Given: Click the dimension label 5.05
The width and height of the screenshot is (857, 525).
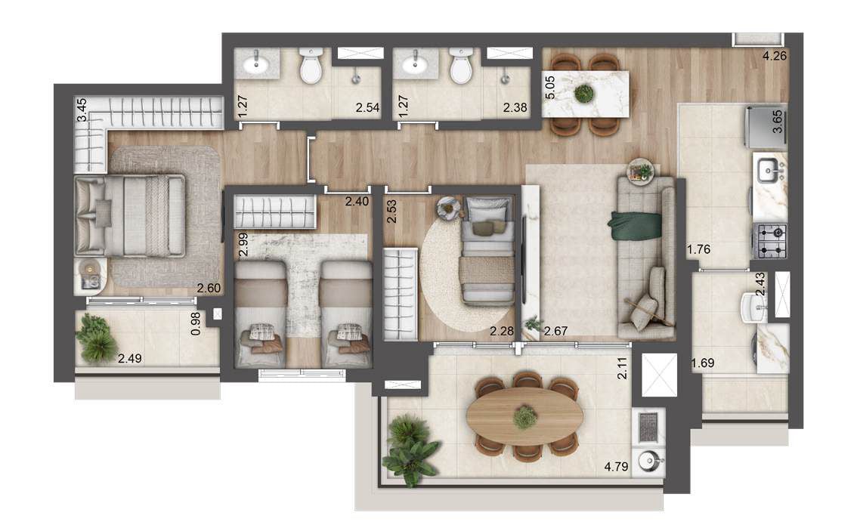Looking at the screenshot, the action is pos(550,88).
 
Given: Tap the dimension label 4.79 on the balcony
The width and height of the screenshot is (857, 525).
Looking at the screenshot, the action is pos(616,467).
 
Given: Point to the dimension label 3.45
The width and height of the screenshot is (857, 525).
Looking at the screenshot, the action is pos(82,110).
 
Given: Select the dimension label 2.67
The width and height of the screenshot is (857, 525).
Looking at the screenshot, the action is pos(556,331).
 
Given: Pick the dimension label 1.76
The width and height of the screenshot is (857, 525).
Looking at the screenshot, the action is pos(698,250).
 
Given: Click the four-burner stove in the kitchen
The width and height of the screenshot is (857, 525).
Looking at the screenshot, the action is pos(770,241).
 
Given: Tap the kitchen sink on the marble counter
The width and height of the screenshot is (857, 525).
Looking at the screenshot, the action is pos(769,171).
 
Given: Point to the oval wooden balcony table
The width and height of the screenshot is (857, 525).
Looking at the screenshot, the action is pos(524,416).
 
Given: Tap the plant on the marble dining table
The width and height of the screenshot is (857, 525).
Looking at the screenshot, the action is pos(583,94).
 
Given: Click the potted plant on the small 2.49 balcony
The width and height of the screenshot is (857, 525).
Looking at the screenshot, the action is pos(97,338).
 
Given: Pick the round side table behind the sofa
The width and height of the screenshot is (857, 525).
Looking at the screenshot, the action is pos(641,171).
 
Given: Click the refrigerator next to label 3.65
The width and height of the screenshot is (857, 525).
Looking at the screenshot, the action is pos(765,128).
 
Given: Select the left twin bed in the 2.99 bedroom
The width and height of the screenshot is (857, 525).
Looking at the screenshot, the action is pos(260,313).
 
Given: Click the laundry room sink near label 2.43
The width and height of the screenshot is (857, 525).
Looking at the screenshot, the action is pos(755,307).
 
